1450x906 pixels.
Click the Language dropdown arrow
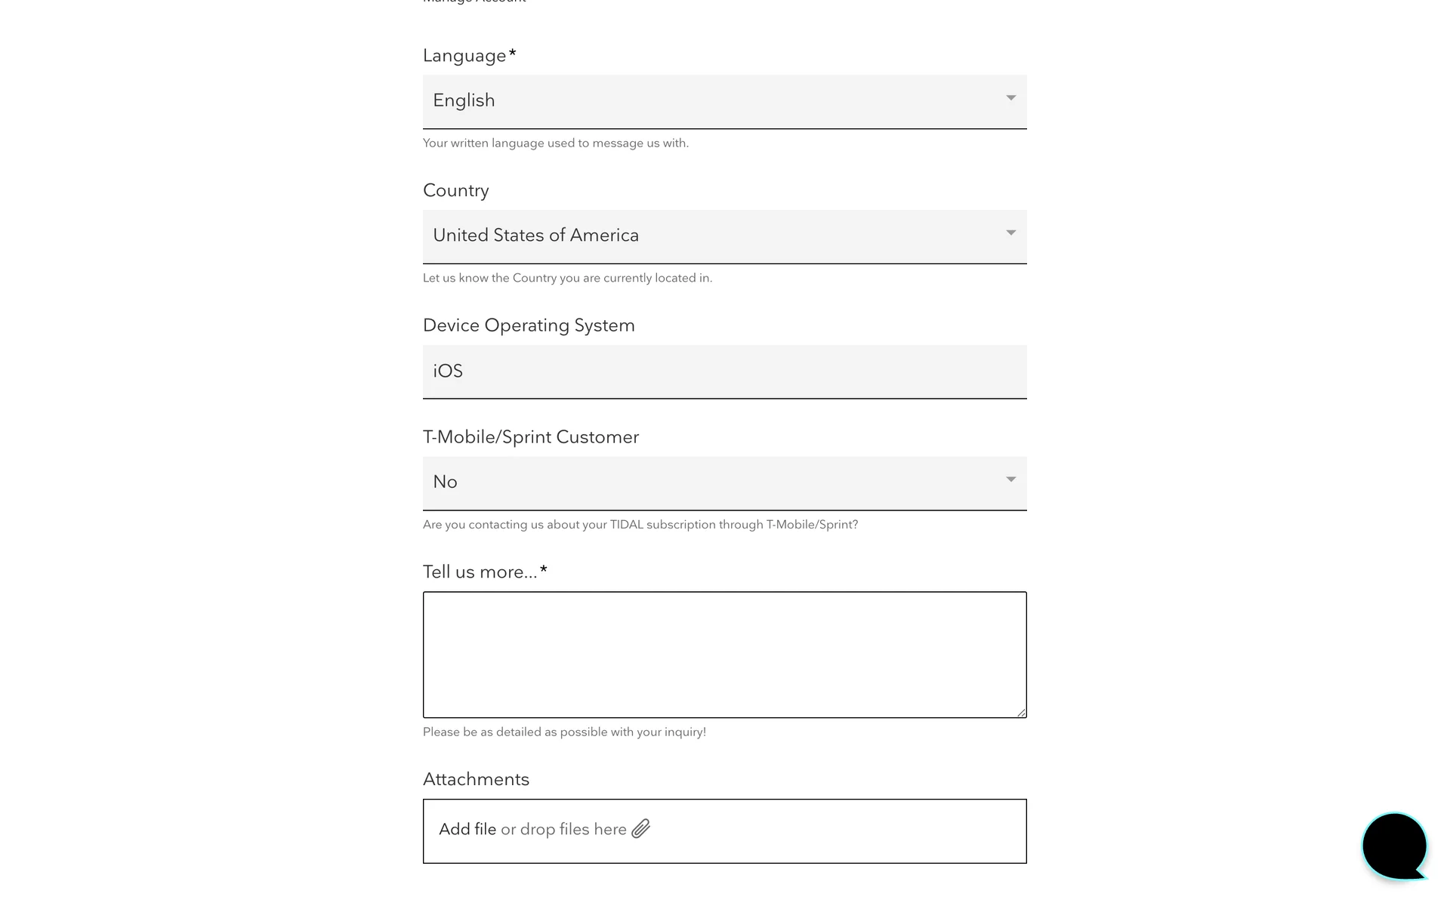(1010, 98)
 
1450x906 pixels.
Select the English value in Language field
(464, 100)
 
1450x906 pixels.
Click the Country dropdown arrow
(1010, 233)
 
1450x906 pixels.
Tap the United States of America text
(535, 236)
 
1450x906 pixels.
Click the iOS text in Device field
(448, 371)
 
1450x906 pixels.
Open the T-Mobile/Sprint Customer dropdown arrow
(1010, 480)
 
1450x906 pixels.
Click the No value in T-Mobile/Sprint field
(445, 482)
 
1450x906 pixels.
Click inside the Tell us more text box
(724, 654)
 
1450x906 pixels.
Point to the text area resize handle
(1021, 712)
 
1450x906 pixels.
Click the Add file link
(467, 829)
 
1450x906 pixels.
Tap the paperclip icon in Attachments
(641, 829)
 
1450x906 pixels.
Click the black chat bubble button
(1394, 846)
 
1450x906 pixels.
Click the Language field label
(464, 56)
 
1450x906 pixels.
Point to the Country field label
(455, 190)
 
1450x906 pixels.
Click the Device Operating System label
(529, 325)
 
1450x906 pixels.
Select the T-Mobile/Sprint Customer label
(531, 437)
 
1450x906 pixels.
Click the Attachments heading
(476, 779)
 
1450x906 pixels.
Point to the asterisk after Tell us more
(544, 570)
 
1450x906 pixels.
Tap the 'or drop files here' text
(563, 829)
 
